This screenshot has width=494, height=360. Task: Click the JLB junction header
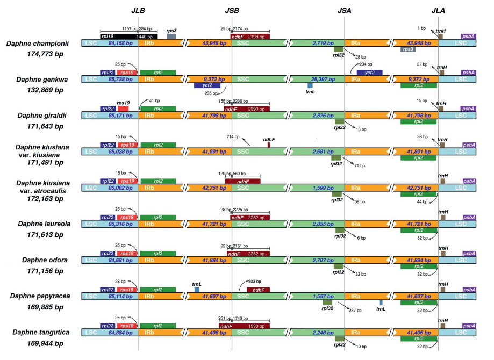coord(138,10)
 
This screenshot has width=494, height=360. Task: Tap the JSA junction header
coord(345,10)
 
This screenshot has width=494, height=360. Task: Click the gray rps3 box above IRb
coord(171,36)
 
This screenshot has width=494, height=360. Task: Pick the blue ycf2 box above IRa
coord(369,73)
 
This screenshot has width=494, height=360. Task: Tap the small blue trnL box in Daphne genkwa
coord(310,85)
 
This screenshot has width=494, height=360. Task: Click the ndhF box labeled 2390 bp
coord(247,109)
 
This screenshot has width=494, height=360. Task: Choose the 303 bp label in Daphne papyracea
coord(254,281)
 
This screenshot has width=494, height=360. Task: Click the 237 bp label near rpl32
coord(355,310)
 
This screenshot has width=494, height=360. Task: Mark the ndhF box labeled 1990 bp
coord(244,326)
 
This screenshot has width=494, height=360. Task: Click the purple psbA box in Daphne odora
coord(469,254)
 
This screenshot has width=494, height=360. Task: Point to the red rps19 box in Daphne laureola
coord(127,217)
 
